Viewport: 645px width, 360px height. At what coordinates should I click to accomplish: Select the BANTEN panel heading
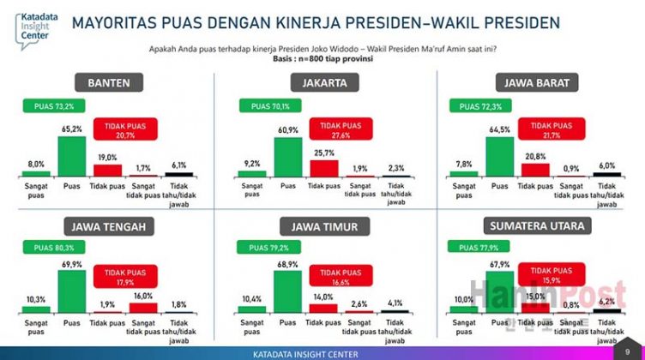click(109, 83)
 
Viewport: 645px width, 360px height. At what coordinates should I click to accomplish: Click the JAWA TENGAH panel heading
click(109, 226)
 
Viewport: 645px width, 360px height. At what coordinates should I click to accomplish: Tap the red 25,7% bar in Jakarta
click(324, 167)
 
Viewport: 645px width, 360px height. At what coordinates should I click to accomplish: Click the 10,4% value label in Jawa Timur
click(252, 298)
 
